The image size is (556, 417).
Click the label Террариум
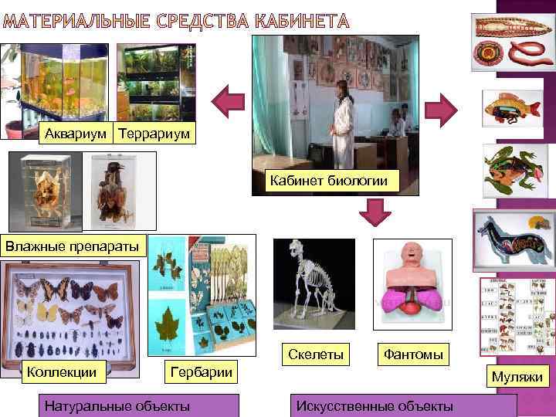[154, 133]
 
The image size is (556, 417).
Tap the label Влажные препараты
[63, 246]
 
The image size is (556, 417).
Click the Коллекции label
[62, 372]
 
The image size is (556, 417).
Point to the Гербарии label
[201, 372]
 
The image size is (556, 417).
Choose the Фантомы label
[412, 354]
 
